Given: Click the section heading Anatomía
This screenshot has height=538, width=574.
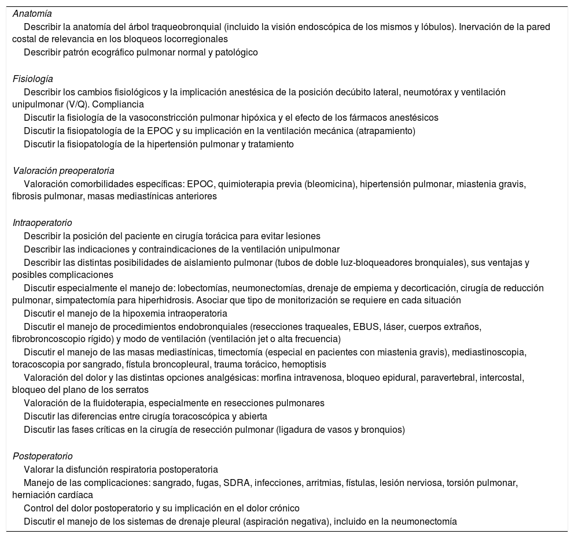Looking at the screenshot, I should (32, 13).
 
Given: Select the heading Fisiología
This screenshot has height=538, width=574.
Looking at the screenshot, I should (32, 79).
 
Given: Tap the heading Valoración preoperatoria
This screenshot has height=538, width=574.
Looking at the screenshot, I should (63, 170).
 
